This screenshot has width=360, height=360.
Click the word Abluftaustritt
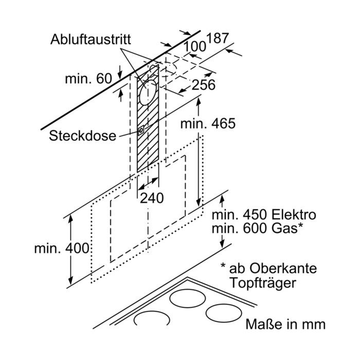[x=91, y=40]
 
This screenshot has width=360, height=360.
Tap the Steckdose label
[x=82, y=136]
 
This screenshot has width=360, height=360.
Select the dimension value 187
[x=218, y=38]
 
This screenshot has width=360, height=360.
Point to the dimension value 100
[x=195, y=47]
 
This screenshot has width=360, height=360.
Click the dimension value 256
[x=204, y=85]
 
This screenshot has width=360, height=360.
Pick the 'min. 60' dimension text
[x=88, y=79]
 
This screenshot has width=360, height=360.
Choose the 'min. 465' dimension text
[x=208, y=123]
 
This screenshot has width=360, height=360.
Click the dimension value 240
[x=152, y=198]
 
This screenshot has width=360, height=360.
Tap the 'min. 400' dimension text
[x=62, y=248]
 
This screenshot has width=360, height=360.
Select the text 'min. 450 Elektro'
[x=264, y=215]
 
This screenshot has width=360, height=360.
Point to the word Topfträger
[x=263, y=283]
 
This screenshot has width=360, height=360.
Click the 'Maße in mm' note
[x=285, y=324]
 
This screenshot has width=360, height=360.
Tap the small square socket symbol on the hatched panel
[x=141, y=131]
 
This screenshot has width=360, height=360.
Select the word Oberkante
[x=283, y=268]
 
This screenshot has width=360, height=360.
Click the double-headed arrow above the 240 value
[x=149, y=184]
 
